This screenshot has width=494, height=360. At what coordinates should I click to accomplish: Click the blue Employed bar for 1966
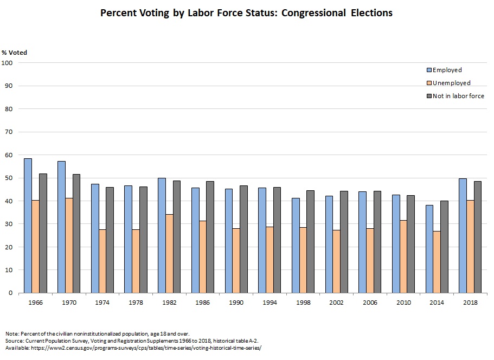[x=28, y=226]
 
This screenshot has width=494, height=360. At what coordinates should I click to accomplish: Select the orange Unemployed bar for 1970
[x=69, y=245]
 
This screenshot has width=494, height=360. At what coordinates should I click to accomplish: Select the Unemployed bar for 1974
[x=102, y=261]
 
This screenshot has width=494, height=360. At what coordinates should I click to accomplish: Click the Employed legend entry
[x=447, y=70]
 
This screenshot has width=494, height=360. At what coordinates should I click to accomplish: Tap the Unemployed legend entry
[x=451, y=83]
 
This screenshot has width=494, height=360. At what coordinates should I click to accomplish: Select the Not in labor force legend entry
[x=458, y=96]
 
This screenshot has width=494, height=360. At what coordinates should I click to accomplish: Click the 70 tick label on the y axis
[x=9, y=132]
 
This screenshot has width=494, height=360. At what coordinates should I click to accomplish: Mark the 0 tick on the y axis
[x=10, y=293]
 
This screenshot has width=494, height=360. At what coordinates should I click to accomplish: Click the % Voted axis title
[x=14, y=53]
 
